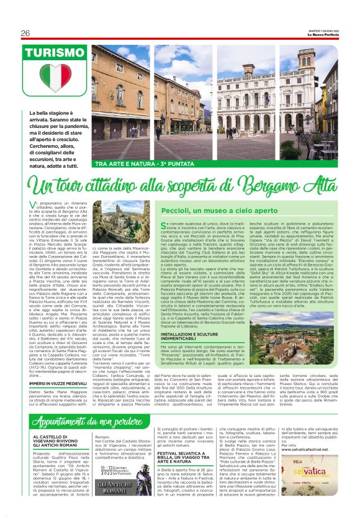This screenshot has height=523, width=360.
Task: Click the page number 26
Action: pos(25,33)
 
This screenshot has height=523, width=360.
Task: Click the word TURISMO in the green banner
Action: pos(55,53)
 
